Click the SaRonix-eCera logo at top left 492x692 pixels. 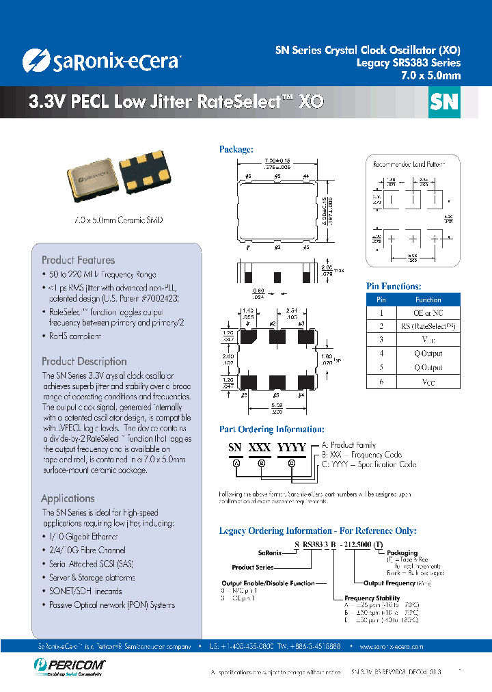pos(101,61)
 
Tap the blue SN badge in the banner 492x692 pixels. pos(443,103)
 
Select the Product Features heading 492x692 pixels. pos(78,260)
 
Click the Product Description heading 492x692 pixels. pos(84,361)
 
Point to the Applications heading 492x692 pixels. pos(68,498)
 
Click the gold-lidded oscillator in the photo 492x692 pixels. pos(94,179)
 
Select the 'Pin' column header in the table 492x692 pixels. pos(381,300)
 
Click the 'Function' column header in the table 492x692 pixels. pos(428,300)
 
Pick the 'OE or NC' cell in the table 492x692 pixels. pos(428,312)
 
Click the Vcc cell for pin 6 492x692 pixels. pos(428,382)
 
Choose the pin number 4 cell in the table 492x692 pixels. pos(381,354)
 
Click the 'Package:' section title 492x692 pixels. pos(236,149)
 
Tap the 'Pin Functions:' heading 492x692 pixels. pos(394,287)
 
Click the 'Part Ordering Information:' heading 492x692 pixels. pos(271,429)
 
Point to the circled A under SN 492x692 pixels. pos(236,463)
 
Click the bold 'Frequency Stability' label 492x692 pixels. pos(372,598)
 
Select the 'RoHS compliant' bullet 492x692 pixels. pos(74,336)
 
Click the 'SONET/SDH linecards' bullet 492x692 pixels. pos(85,591)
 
